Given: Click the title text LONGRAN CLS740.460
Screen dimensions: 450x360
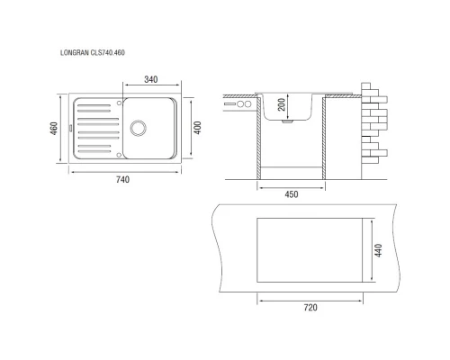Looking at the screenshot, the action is pos(93,53).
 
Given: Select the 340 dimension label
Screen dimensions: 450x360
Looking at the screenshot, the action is pos(151,79).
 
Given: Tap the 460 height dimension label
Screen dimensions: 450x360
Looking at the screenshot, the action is pos(54,129).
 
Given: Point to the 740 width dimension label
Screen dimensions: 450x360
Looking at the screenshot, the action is pos(122,179).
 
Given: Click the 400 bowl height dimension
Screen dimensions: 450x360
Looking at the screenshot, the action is pos(197,128).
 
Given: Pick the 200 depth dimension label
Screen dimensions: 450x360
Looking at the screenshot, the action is pos(282,104).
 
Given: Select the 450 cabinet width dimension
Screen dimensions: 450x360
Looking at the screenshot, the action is pos(292,194).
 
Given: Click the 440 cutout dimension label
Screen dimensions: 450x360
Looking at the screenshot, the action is pos(379,250).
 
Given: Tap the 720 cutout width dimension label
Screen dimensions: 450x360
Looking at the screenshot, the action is pos(310,308).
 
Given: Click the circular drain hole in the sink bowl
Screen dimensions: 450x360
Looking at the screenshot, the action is pos(139,128).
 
